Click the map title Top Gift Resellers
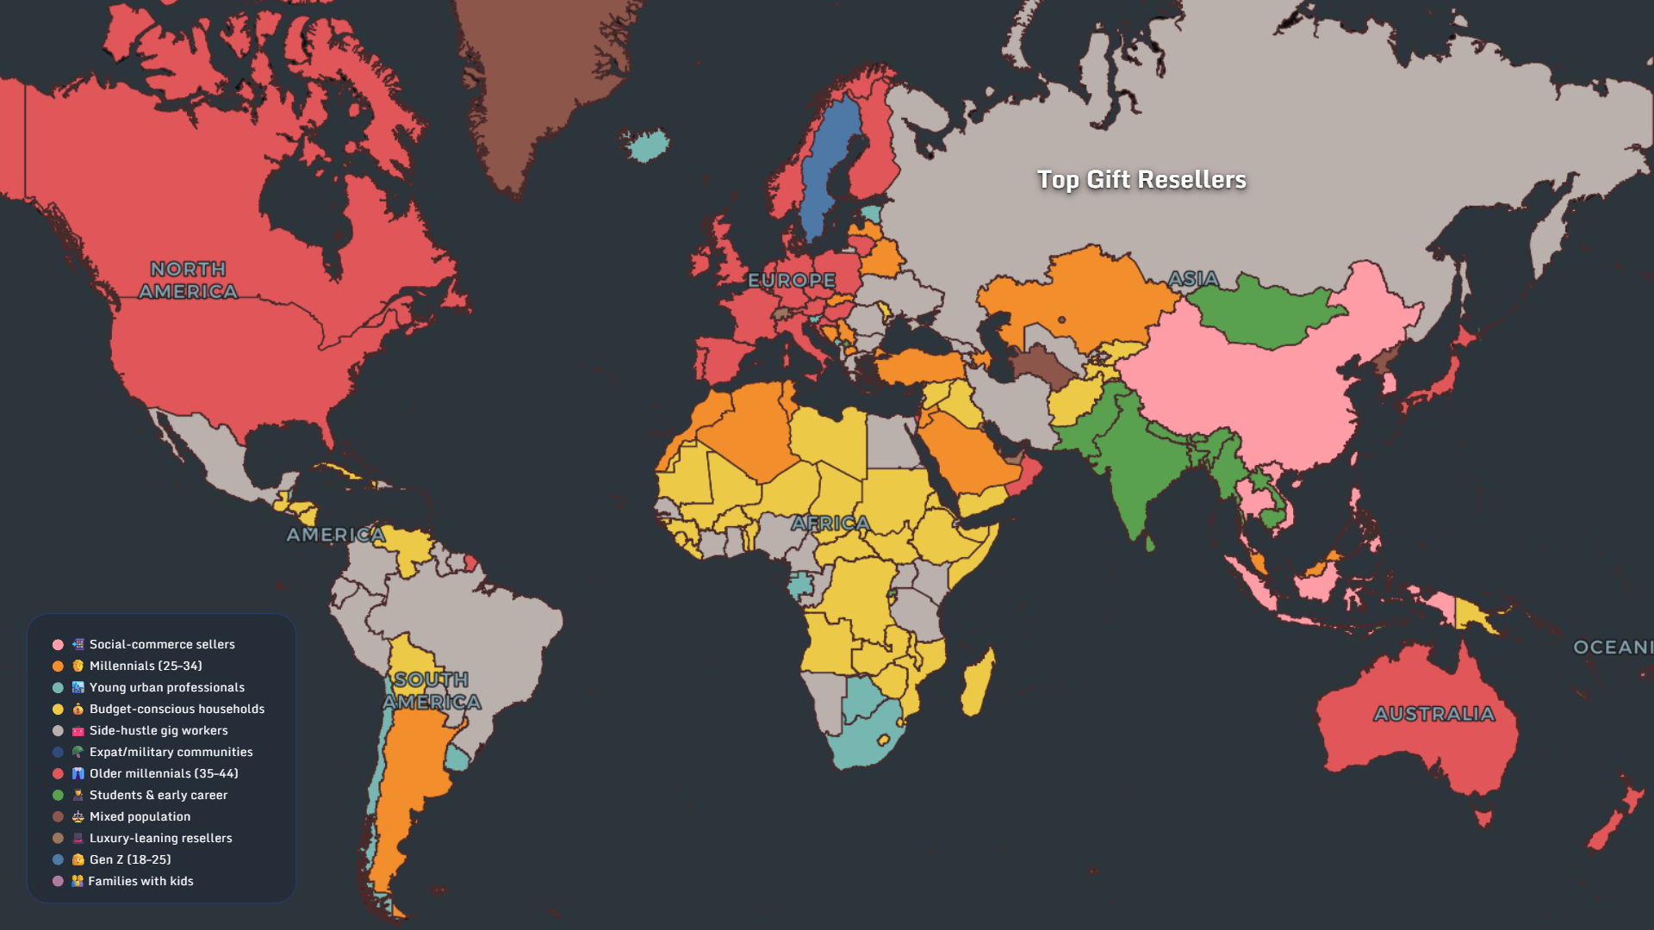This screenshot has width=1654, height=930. (1141, 179)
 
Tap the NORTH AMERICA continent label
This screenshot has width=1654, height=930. (188, 281)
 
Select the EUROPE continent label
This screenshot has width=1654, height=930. (792, 280)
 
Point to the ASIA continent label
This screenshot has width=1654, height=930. (1193, 278)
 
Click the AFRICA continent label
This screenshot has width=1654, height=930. (830, 523)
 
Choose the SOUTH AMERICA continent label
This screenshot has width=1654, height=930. (432, 691)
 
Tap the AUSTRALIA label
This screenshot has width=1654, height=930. (1433, 714)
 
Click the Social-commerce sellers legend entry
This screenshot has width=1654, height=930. (162, 644)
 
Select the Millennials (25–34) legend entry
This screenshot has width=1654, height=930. (146, 666)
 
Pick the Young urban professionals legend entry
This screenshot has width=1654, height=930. (167, 687)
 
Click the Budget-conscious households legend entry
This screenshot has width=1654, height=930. (177, 709)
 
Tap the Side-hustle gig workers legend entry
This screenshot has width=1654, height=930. (159, 730)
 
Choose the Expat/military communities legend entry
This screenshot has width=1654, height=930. (171, 752)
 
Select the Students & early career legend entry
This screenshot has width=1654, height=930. (159, 795)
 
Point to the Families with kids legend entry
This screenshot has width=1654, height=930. (140, 881)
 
